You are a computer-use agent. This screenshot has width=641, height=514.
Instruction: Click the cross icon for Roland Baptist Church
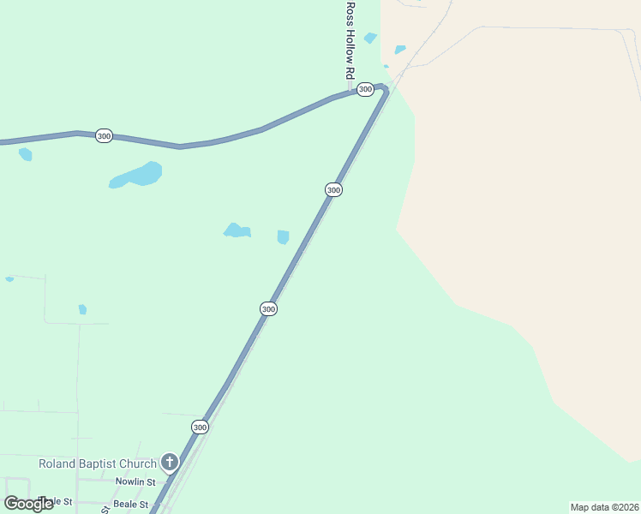pyautogui.click(x=170, y=463)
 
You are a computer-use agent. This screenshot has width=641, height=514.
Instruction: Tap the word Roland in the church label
pyautogui.click(x=57, y=464)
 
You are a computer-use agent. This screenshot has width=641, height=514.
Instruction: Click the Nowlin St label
pyautogui.click(x=135, y=482)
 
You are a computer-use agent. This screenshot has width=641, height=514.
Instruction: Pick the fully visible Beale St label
pyautogui.click(x=131, y=505)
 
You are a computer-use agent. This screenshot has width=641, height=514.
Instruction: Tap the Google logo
pyautogui.click(x=28, y=504)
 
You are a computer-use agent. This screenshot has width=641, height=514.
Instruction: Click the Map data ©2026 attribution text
pyautogui.click(x=604, y=506)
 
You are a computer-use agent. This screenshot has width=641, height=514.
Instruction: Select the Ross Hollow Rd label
pyautogui.click(x=350, y=41)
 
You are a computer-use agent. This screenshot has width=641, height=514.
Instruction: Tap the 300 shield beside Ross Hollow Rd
pyautogui.click(x=365, y=89)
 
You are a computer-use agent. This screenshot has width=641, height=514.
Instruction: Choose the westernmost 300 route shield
pyautogui.click(x=104, y=135)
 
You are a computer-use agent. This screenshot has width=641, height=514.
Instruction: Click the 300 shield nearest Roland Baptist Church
pyautogui.click(x=200, y=427)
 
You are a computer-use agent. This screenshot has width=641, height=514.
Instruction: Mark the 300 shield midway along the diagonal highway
pyautogui.click(x=268, y=308)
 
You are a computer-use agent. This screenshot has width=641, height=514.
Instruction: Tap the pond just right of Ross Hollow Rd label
pyautogui.click(x=370, y=38)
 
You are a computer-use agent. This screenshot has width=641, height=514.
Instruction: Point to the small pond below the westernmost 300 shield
pyautogui.click(x=26, y=154)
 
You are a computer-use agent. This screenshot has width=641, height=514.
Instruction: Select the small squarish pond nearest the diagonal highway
pyautogui.click(x=283, y=236)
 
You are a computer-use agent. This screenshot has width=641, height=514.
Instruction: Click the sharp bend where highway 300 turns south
pyautogui.click(x=385, y=89)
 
